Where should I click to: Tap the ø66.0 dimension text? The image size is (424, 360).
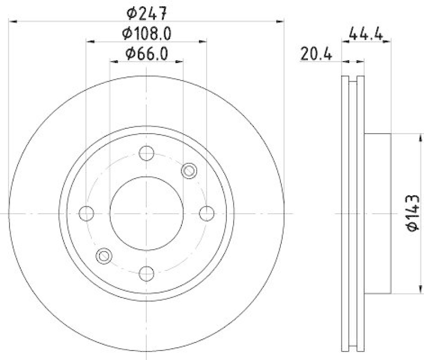pos(146,54)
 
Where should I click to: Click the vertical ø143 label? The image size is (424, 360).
pos(413,213)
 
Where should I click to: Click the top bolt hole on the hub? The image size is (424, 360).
pos(146,153)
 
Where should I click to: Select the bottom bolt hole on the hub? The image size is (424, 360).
pos(146,273)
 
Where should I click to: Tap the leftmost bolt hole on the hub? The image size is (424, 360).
pos(86,213)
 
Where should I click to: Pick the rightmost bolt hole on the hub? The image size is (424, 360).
pos(206,213)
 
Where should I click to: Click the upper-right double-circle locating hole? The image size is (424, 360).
pos(189,171)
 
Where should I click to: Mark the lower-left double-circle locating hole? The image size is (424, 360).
pos(104,256)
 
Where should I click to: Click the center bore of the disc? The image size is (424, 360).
pos(146,213)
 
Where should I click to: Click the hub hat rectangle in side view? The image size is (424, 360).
pos(378,213)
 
